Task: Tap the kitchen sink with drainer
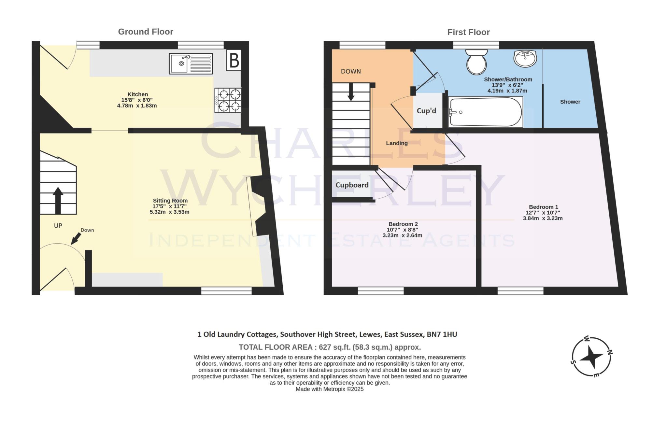pyautogui.click(x=191, y=64)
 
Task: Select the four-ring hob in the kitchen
pyautogui.click(x=228, y=100)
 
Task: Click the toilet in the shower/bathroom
pyautogui.click(x=476, y=62)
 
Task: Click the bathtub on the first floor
pyautogui.click(x=485, y=112)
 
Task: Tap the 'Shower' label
pyautogui.click(x=570, y=102)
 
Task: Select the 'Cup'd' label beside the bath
pyautogui.click(x=426, y=111)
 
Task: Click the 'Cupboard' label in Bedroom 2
pyautogui.click(x=352, y=185)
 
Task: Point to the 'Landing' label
pyautogui.click(x=397, y=143)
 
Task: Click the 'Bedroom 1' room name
pyautogui.click(x=543, y=207)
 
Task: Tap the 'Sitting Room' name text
pyautogui.click(x=170, y=201)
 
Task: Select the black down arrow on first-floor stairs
pyautogui.click(x=351, y=92)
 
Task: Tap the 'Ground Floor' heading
pyautogui.click(x=146, y=32)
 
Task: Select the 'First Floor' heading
pyautogui.click(x=468, y=32)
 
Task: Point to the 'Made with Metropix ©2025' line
pyautogui.click(x=330, y=389)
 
